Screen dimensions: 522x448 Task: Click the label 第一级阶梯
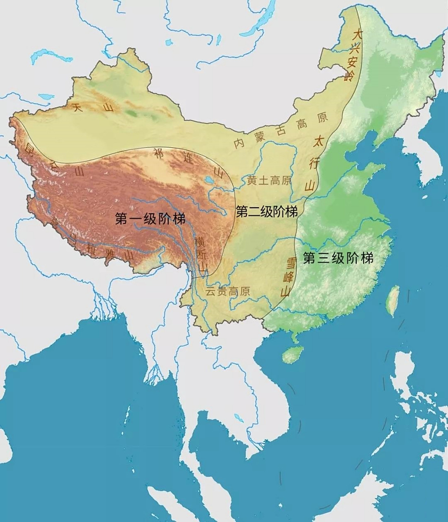pyautogui.click(x=150, y=219)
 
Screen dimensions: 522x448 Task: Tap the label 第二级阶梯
pyautogui.click(x=267, y=211)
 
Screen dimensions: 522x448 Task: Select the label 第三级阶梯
pyautogui.click(x=338, y=258)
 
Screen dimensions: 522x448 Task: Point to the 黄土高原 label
pyautogui.click(x=269, y=180)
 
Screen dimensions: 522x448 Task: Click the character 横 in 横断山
pyautogui.click(x=200, y=241)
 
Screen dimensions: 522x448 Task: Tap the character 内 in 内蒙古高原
pyautogui.click(x=238, y=144)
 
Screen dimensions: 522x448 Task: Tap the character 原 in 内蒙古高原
pyautogui.click(x=322, y=118)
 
